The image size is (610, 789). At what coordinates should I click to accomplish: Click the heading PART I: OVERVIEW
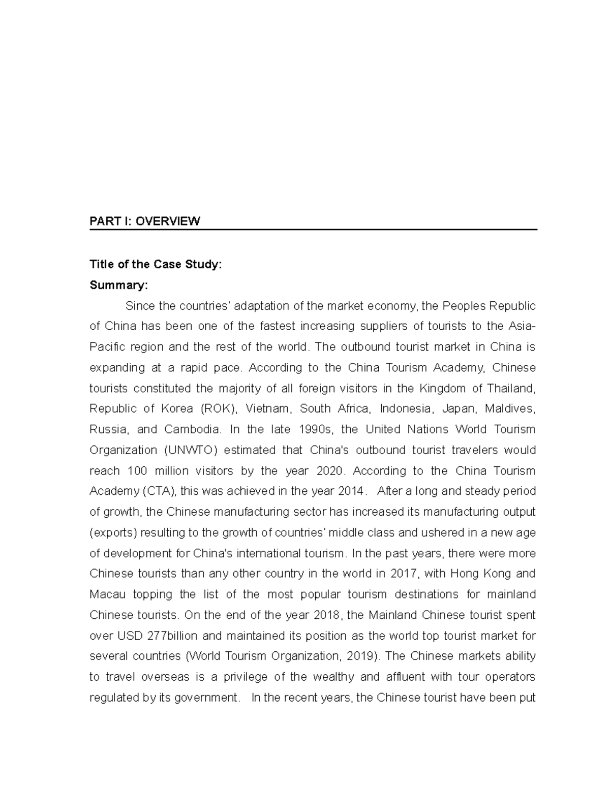145,221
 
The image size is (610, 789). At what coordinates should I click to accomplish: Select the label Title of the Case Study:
156,264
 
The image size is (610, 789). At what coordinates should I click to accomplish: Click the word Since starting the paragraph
140,306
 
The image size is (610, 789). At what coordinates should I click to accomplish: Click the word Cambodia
193,430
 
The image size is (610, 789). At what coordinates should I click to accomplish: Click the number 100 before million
137,471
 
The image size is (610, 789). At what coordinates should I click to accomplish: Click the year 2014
350,491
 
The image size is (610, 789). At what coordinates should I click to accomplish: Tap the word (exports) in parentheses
113,533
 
